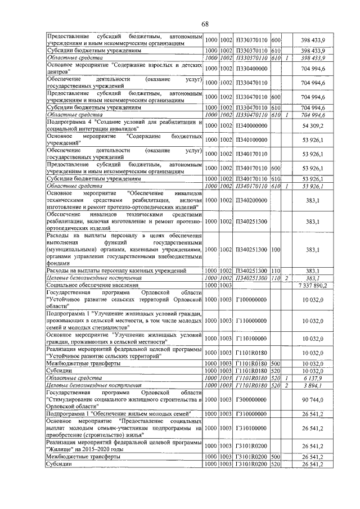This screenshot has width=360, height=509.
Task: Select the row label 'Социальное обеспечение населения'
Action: click(x=85, y=286)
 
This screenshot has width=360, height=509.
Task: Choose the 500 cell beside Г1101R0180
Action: click(x=276, y=364)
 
